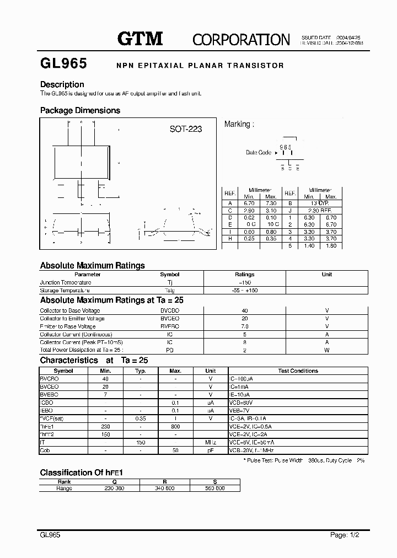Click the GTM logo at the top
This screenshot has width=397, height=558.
140,38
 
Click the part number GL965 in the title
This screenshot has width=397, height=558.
63,64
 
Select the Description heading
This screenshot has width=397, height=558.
62,84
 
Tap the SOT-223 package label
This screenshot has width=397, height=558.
185,129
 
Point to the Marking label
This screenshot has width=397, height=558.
239,124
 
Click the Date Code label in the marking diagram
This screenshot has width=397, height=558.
259,153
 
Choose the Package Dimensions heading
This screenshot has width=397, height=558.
80,110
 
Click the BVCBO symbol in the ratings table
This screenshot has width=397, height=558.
170,310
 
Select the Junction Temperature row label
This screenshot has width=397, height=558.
66,282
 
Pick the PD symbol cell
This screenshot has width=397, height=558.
170,350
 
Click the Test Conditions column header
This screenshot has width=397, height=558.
298,371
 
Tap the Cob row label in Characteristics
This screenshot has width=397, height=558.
45,450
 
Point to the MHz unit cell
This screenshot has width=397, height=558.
210,443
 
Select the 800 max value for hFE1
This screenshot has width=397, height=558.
175,427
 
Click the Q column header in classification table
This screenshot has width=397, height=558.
114,481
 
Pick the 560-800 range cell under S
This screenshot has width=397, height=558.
214,489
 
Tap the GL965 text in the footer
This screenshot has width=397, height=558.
50,534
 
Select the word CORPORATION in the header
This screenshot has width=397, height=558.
241,39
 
